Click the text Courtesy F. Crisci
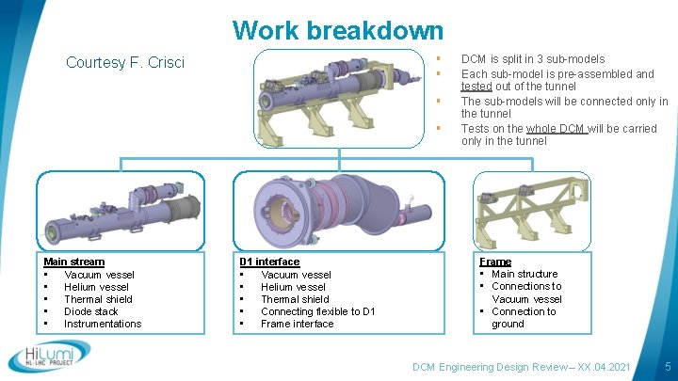pos(125,63)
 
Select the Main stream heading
pos(74,262)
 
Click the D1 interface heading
pos(269,262)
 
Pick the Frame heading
pos(495,262)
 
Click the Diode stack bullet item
pos(91,311)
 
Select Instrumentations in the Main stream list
pos(103,324)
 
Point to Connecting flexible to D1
pos(317,311)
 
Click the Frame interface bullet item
pos(297,324)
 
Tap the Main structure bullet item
pos(525,274)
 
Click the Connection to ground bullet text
pos(524,318)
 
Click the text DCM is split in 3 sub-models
pos(533,59)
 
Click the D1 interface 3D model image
pos(338,212)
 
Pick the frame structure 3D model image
pos(533,212)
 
